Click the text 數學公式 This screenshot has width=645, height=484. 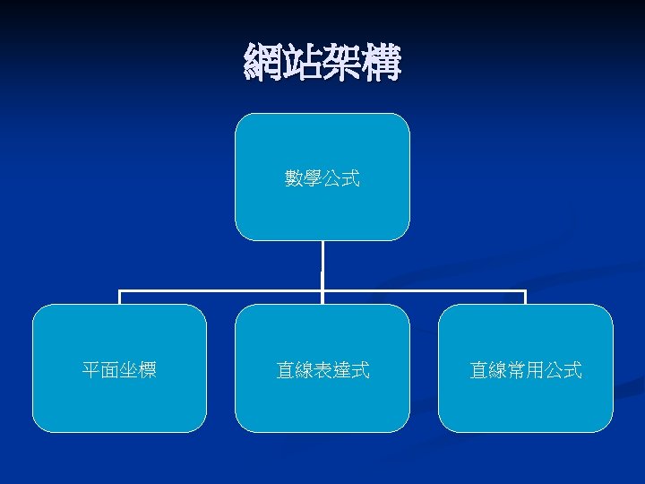[x=322, y=179]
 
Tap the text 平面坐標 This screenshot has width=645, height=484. [x=119, y=369]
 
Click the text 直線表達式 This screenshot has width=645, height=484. [x=322, y=369]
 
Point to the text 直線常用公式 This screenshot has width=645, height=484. [x=525, y=369]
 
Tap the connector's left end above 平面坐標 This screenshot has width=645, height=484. [x=120, y=296]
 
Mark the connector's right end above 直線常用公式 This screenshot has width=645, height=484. [x=525, y=296]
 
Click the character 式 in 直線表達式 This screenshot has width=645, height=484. [x=360, y=369]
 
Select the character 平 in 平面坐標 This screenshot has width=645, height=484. [x=91, y=369]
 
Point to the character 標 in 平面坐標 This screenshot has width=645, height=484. [x=148, y=369]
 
